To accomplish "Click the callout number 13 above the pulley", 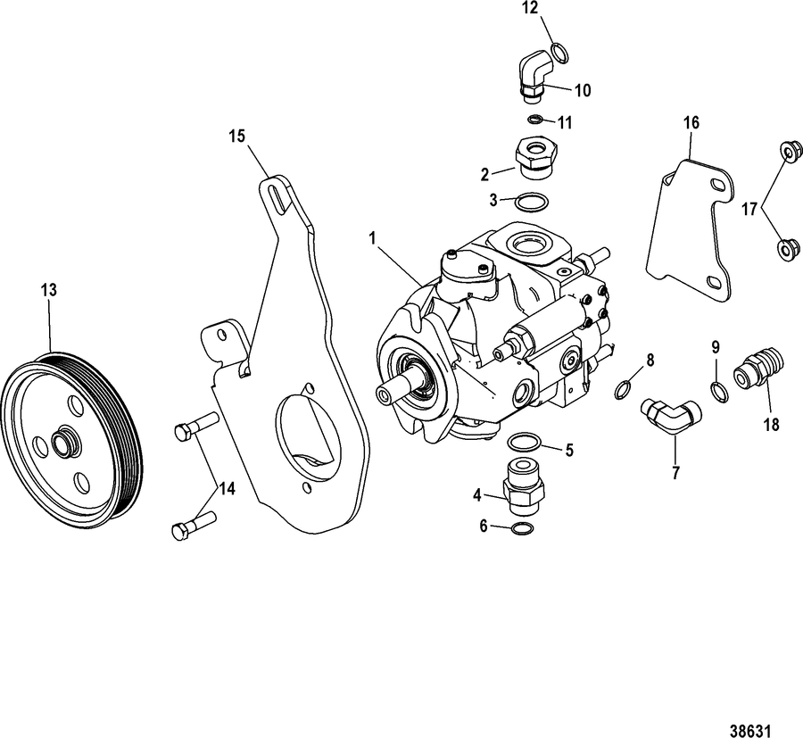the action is [49, 290].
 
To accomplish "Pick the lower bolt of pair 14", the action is [194, 526].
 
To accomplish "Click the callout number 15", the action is [237, 136].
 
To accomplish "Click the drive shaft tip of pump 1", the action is [385, 394].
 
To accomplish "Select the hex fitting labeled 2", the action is [534, 158].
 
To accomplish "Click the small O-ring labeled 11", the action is [535, 120].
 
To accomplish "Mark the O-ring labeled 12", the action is [559, 54].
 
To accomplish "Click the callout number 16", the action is [691, 122].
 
